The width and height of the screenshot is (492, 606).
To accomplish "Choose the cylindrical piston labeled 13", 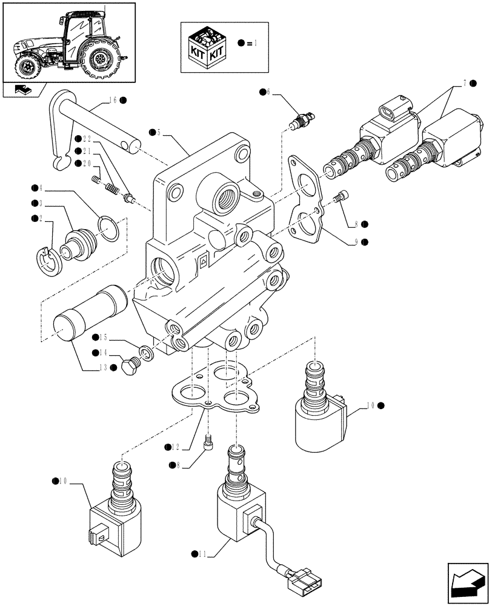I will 91,312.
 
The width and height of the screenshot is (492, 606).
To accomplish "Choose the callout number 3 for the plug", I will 41,203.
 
